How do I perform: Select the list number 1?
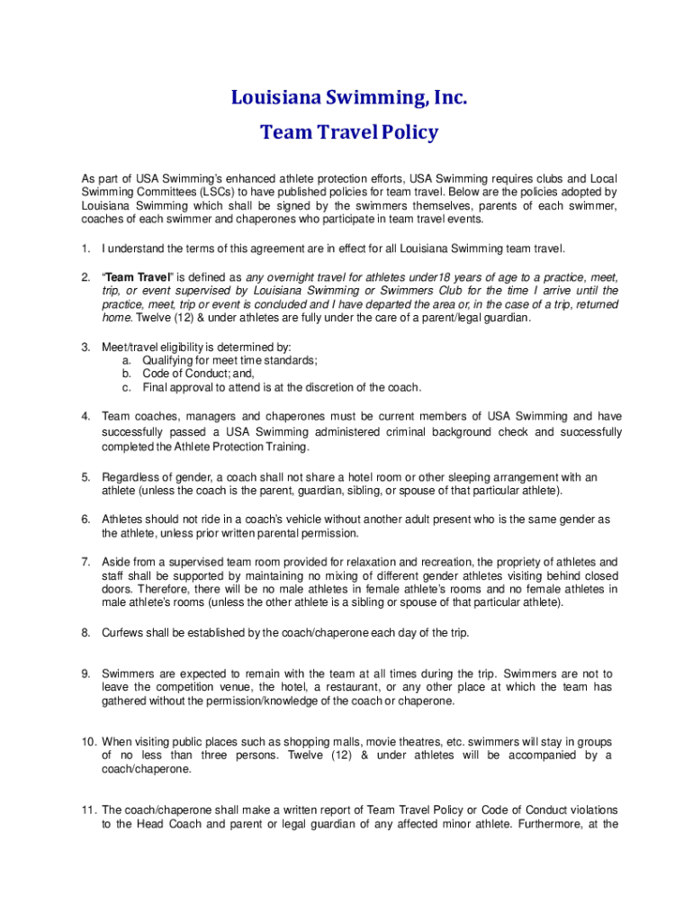pyautogui.click(x=85, y=249)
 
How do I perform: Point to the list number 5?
pyautogui.click(x=85, y=477)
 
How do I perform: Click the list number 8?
pyautogui.click(x=85, y=632)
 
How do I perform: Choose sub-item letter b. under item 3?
pyautogui.click(x=127, y=374)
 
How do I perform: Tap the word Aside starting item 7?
pyautogui.click(x=117, y=562)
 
